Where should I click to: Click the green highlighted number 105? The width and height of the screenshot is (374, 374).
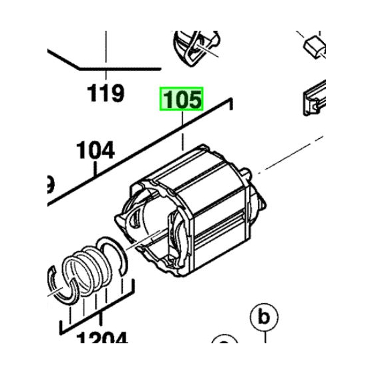click(180, 100)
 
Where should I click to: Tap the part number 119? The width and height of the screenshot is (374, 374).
click(106, 93)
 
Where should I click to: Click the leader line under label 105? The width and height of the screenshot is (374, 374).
click(182, 134)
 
